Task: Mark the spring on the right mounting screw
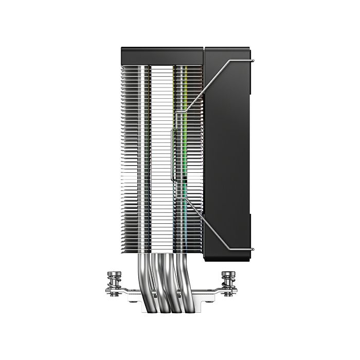tap(227, 286)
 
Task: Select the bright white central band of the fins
tap(162, 154)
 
